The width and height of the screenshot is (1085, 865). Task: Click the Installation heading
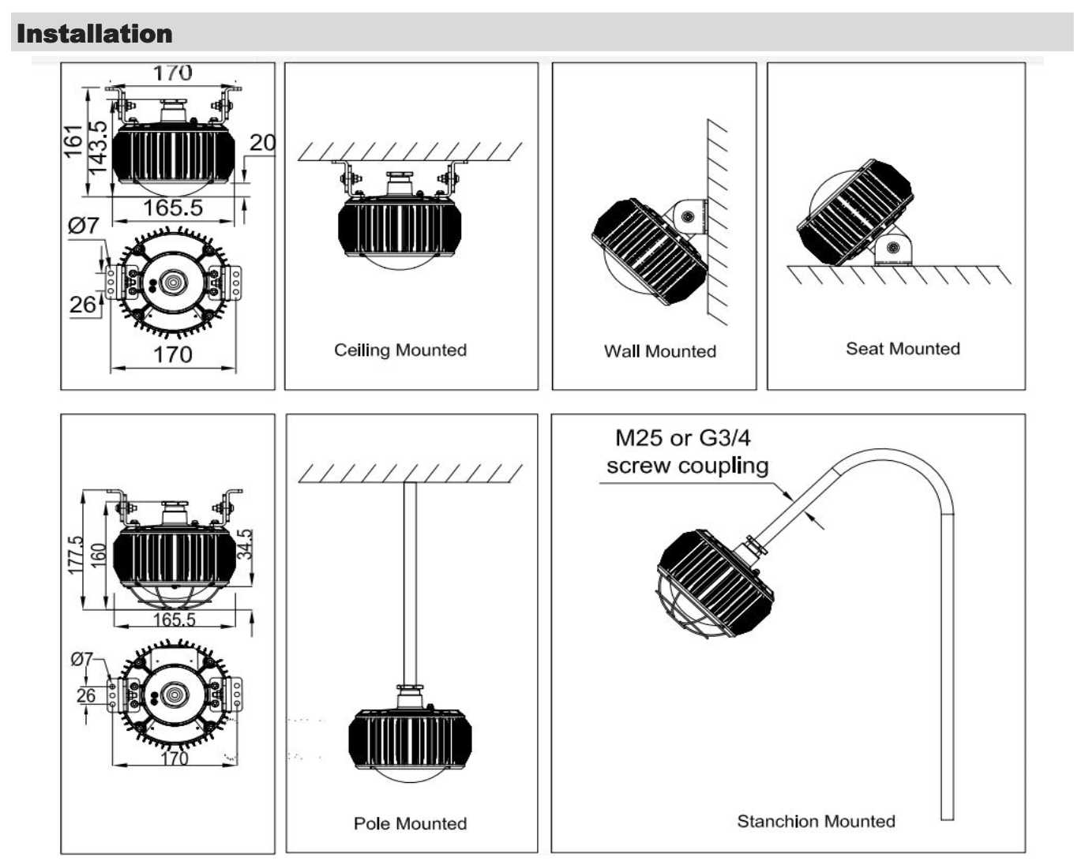click(x=94, y=34)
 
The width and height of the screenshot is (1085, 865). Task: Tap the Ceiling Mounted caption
click(x=400, y=350)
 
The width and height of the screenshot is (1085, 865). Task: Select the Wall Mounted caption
click(x=659, y=351)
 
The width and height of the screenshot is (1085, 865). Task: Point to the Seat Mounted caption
click(x=903, y=349)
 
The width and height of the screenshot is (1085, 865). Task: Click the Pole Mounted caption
click(x=410, y=823)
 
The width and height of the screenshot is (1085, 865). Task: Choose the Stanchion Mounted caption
click(x=816, y=821)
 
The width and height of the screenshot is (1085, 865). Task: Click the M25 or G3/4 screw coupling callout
click(x=684, y=451)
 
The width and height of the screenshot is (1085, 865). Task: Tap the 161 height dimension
click(x=73, y=141)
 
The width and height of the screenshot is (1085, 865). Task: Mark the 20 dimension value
click(x=262, y=143)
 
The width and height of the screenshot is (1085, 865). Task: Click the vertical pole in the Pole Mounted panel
click(x=410, y=584)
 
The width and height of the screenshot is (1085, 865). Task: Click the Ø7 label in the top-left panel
click(x=84, y=226)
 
